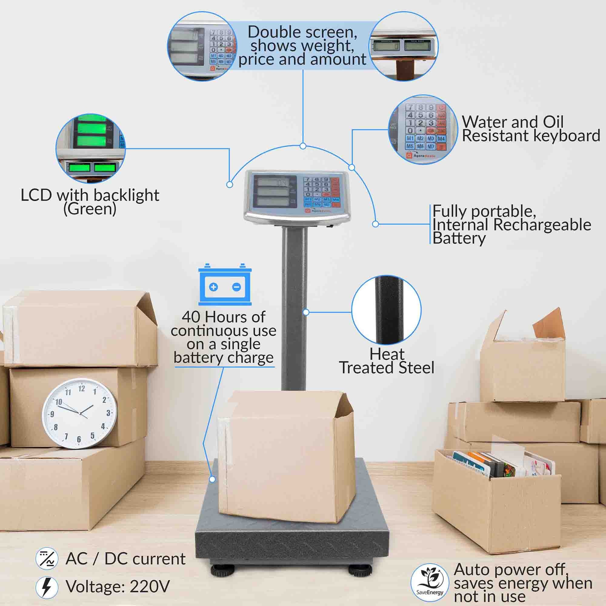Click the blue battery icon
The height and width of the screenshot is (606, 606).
coord(225,285)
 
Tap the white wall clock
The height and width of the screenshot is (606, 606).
coord(80,413)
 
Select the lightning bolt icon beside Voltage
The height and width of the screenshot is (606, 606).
coord(47,587)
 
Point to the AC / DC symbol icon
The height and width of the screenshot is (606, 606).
coord(47,559)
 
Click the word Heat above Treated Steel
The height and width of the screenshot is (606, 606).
coord(387,354)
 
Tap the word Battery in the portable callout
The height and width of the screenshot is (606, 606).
coord(459,239)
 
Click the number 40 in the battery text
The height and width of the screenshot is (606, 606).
coord(191,317)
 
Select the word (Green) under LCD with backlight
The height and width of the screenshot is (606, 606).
coord(90,209)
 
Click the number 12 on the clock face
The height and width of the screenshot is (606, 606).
coord(82,389)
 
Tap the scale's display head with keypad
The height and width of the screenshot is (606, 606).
coord(297,196)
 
